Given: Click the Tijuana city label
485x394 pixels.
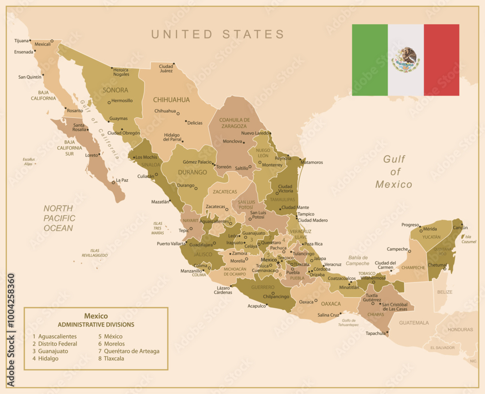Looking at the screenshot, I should [21, 41].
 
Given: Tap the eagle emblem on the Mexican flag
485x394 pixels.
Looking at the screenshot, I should [405, 59].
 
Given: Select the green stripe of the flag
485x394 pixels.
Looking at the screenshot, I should [370, 60].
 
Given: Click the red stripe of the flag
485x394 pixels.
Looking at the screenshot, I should [441, 60].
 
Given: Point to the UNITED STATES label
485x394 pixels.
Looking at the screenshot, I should [218, 34].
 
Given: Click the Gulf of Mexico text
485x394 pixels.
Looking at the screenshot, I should [394, 172].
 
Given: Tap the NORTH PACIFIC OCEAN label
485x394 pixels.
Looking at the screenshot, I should [59, 218].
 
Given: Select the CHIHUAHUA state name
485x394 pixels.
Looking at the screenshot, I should [171, 100].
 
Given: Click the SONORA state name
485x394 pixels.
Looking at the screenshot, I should [115, 90].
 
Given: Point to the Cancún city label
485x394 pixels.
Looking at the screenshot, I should [460, 228].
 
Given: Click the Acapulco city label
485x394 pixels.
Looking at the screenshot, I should [257, 306].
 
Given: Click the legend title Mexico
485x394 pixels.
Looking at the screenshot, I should [96, 316].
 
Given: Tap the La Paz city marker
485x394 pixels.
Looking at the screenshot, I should [113, 182].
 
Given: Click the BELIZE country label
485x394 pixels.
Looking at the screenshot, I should [445, 292].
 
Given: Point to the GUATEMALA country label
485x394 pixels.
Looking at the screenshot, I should [414, 323].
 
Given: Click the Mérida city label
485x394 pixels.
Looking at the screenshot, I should [430, 229].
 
